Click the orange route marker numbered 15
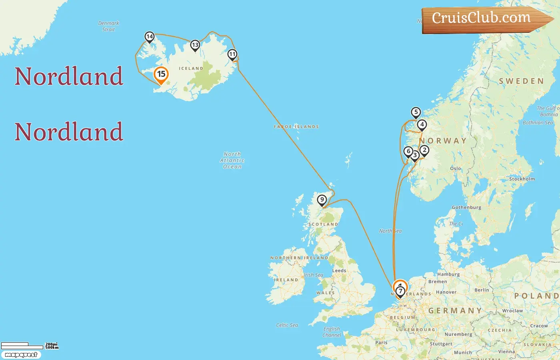(161, 74)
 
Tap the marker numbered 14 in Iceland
(150, 37)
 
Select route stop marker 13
(195, 45)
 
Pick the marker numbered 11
(232, 54)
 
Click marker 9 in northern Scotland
(322, 200)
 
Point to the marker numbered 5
(416, 112)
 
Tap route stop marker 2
(424, 150)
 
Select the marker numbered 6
(408, 152)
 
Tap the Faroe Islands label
(296, 127)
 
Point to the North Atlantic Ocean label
(232, 160)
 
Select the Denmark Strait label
(108, 26)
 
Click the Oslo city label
(456, 169)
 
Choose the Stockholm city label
(522, 179)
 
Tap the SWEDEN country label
(521, 81)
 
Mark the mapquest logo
(21, 355)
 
